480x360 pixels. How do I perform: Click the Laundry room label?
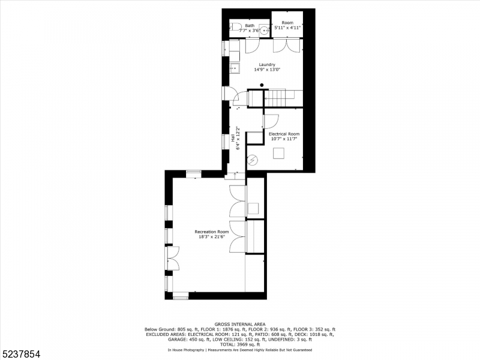coord(267,64)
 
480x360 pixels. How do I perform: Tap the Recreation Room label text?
coord(211,232)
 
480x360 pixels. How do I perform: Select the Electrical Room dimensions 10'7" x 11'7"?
coord(284,139)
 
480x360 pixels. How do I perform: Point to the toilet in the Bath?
coord(234,26)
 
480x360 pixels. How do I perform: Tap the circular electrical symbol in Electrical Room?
coord(253,160)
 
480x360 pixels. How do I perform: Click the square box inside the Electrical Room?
coord(279,153)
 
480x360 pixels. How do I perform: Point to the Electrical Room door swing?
coord(271,121)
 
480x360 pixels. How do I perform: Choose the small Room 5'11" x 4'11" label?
coord(287,25)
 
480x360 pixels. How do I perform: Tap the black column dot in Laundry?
coord(262,85)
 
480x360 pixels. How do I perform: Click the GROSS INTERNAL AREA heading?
coord(239,325)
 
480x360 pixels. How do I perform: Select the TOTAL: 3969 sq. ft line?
coord(239,344)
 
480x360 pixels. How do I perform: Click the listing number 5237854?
coord(21,355)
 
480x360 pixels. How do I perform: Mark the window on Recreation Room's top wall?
coord(193,173)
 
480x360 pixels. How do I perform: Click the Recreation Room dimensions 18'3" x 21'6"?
coord(211,237)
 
